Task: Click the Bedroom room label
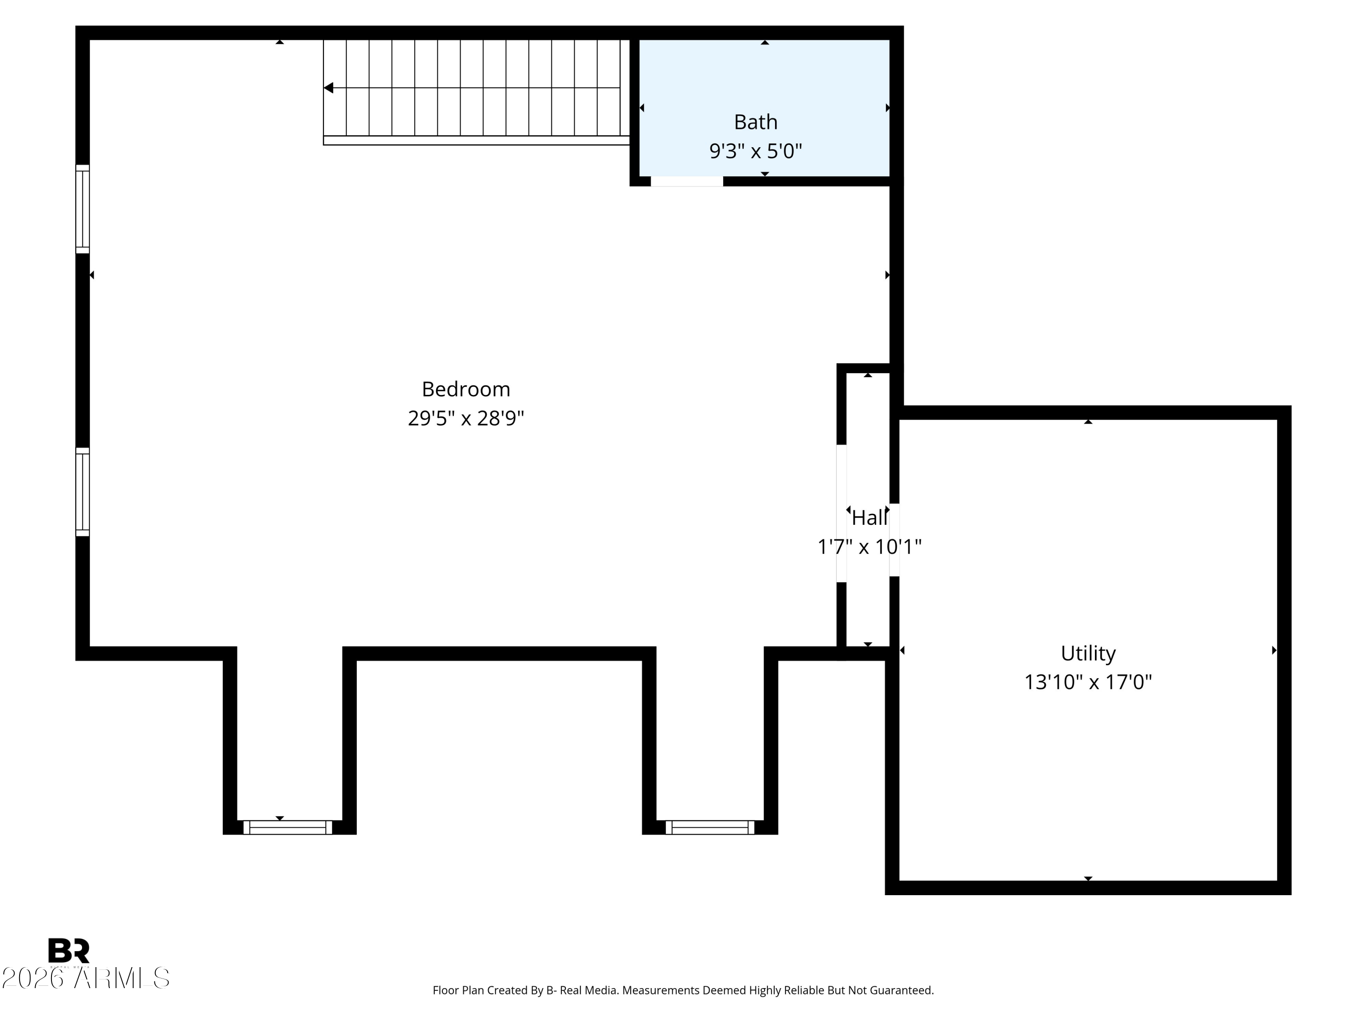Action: coord(466,389)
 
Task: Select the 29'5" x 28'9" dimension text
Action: coord(466,418)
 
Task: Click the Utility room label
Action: coord(1088,653)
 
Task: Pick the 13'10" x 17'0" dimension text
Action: coord(1088,682)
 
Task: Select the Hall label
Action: coord(869,518)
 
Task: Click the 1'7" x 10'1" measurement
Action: coord(869,547)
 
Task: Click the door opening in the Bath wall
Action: coord(687,181)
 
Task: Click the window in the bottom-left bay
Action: coord(288,827)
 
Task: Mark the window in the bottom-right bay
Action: coord(710,827)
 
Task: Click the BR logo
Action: coord(69,951)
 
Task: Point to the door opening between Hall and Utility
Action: coord(894,540)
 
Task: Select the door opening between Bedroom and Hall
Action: coord(841,513)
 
